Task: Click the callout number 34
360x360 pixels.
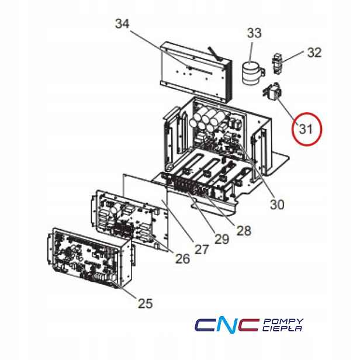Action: pos(122,23)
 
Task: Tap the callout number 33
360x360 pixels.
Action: pos(254,33)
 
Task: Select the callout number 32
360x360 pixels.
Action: pos(314,53)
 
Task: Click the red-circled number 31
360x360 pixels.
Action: pos(306,129)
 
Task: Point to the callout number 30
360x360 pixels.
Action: pos(277,205)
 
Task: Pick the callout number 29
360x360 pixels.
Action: pos(222,239)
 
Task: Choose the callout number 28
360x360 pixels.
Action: pos(244,230)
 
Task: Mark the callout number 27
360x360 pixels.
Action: pos(202,250)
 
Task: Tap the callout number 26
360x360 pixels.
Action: pos(183,259)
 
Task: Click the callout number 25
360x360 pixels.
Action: pos(146,303)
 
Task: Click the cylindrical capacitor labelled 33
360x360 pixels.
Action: pos(252,73)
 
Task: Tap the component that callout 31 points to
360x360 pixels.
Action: pos(272,91)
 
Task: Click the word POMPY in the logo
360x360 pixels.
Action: pos(283,321)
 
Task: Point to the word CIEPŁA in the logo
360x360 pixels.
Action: pos(282,328)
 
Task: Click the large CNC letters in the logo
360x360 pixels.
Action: pos(227,325)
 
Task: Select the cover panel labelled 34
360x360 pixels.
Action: pos(196,71)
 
